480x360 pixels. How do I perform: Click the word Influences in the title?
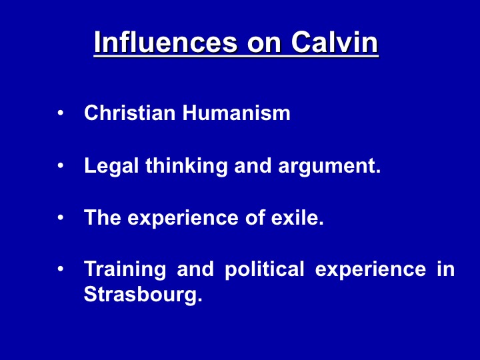[165, 42]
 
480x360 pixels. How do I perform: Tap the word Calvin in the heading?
[335, 42]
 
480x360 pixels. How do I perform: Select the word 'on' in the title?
[264, 45]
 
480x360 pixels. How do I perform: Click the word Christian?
[130, 113]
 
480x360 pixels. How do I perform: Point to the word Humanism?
[236, 113]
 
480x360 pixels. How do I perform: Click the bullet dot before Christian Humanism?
[60, 113]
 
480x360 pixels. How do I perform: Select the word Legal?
[111, 166]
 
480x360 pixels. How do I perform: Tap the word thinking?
[187, 166]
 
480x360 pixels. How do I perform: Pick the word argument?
[329, 166]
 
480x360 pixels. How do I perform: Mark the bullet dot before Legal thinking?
[60, 165]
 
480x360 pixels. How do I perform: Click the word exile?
[297, 217]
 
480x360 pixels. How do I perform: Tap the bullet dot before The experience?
[60, 217]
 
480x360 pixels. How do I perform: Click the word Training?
[125, 270]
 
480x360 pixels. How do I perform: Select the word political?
[265, 270]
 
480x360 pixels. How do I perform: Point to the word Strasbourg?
[143, 295]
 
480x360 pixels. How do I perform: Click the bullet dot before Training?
[60, 269]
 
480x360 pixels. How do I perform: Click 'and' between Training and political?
[195, 269]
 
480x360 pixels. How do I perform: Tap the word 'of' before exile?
[255, 217]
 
